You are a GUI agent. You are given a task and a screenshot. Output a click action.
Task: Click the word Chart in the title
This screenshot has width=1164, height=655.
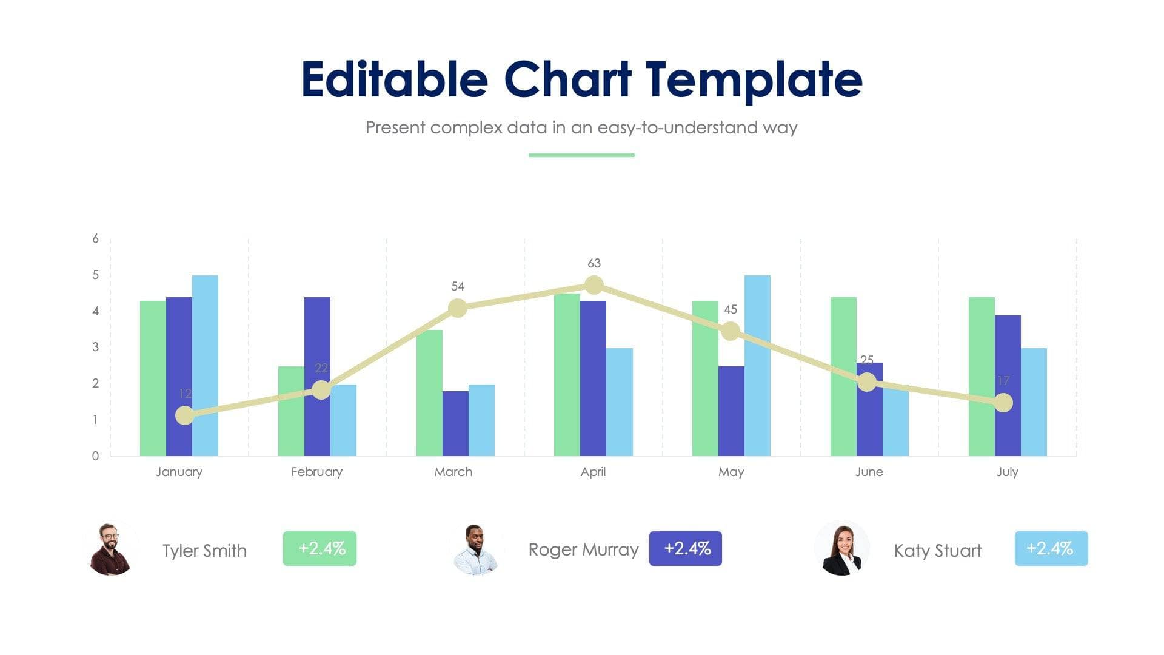pyautogui.click(x=567, y=79)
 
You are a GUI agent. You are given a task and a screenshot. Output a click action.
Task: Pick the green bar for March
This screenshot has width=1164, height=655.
pyautogui.click(x=429, y=394)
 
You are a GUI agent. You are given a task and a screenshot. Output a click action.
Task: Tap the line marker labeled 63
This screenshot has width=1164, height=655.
pyautogui.click(x=594, y=284)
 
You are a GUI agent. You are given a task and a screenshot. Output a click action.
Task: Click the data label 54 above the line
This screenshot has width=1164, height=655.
pyautogui.click(x=458, y=286)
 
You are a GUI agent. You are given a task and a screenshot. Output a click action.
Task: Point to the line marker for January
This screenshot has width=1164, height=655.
pyautogui.click(x=185, y=415)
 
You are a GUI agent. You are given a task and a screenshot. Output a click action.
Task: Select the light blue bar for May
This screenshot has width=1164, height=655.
pyautogui.click(x=757, y=364)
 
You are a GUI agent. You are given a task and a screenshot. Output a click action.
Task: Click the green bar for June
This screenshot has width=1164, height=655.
pyautogui.click(x=843, y=376)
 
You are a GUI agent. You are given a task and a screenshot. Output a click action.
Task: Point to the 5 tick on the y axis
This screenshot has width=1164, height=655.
pyautogui.click(x=95, y=275)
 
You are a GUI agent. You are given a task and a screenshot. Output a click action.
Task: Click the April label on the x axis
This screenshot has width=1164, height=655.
pyautogui.click(x=593, y=472)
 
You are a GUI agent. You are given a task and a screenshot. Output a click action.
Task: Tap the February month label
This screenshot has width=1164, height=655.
pyautogui.click(x=316, y=472)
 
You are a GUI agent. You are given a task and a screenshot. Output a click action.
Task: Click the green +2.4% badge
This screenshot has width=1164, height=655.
pyautogui.click(x=319, y=548)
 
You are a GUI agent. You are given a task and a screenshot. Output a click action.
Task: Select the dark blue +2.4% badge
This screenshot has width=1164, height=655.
pyautogui.click(x=686, y=548)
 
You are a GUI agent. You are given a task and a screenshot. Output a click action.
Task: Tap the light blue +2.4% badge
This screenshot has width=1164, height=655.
pyautogui.click(x=1051, y=548)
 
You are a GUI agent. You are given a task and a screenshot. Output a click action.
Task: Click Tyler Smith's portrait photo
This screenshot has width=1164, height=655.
pyautogui.click(x=110, y=549)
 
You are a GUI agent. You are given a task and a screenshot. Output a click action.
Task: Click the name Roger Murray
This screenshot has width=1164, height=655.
pyautogui.click(x=583, y=549)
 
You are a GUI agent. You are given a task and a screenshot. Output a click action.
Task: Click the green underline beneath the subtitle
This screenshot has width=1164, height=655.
pyautogui.click(x=581, y=155)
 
